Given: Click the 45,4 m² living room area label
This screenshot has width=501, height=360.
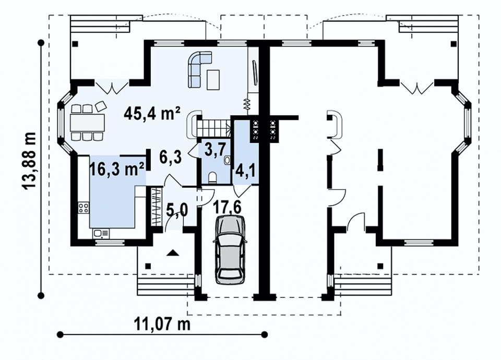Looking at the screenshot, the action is click(x=153, y=113).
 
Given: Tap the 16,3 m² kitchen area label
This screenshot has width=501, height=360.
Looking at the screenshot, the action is click(x=116, y=169).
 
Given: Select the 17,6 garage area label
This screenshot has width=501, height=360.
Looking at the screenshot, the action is click(x=227, y=207).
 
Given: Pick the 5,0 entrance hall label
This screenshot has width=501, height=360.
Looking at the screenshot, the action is click(x=177, y=210).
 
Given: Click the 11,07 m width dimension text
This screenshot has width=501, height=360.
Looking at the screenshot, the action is click(x=162, y=324).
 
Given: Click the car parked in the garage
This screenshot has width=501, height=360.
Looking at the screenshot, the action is click(x=230, y=249).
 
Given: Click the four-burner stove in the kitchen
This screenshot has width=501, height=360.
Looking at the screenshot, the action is click(x=83, y=208).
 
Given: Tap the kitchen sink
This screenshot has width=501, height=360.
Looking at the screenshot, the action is click(x=101, y=234).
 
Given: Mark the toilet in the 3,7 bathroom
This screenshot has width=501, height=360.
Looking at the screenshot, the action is click(x=212, y=177).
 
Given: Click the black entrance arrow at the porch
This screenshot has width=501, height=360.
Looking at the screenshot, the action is click(x=173, y=253).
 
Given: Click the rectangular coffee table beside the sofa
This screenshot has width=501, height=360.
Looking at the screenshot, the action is click(x=213, y=79).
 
